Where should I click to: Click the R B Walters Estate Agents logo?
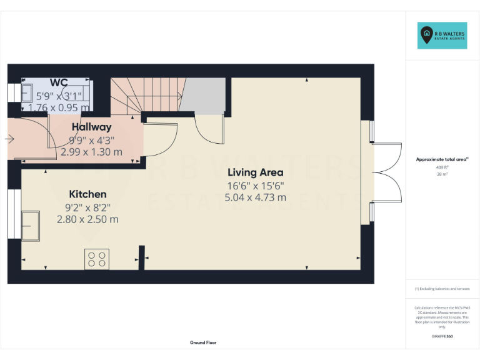[442, 36]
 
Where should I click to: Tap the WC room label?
[59, 82]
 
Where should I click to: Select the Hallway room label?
[91, 127]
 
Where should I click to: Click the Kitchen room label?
[87, 194]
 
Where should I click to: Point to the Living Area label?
[255, 172]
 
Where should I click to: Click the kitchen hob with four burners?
[97, 259]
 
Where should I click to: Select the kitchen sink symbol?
[29, 226]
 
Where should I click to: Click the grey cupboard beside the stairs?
[203, 95]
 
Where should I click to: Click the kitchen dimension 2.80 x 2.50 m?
[87, 219]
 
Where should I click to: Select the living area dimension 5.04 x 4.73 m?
[255, 197]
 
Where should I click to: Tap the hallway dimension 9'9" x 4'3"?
[91, 139]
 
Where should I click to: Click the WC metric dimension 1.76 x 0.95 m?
[59, 107]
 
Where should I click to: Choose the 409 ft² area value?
[442, 167]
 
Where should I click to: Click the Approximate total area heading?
[442, 159]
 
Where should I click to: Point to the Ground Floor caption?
[203, 342]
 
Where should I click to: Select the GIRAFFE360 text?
[442, 336]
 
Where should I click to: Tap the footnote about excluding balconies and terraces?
[442, 289]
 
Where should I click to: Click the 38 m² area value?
[442, 174]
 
